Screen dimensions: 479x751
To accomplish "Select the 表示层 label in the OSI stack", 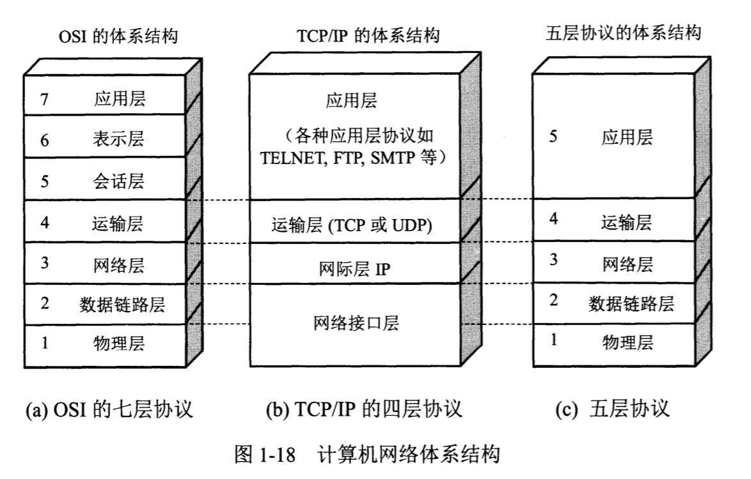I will (120, 140).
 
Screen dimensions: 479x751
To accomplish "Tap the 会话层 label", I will (120, 181).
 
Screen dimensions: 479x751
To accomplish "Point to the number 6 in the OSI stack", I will (44, 140).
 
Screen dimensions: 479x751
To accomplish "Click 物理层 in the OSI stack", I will (120, 344).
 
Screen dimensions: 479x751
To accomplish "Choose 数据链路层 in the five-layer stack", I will (631, 303).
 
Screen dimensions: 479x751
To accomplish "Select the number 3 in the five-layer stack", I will (553, 260).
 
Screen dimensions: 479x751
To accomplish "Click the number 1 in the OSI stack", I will (44, 344).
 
